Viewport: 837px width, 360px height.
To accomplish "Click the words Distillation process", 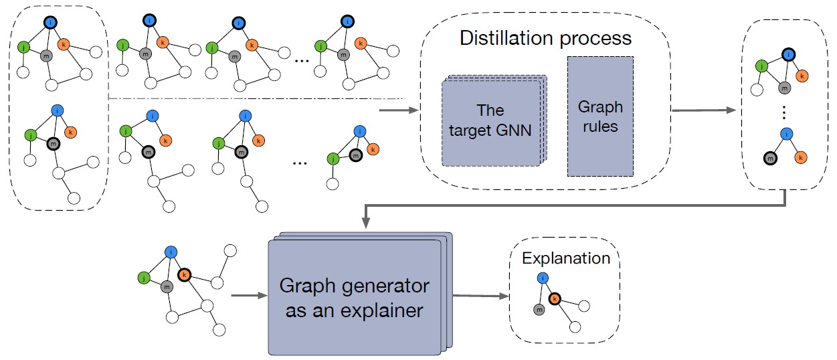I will pyautogui.click(x=545, y=38).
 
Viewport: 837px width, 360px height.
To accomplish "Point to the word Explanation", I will pyautogui.click(x=566, y=258).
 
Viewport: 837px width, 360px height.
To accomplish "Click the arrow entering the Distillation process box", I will pyautogui.click(x=397, y=111).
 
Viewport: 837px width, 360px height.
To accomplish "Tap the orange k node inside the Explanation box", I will pyautogui.click(x=555, y=299).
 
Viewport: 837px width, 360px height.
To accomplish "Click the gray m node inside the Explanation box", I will pyautogui.click(x=539, y=309).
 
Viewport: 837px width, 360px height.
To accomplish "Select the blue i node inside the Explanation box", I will pyautogui.click(x=543, y=278).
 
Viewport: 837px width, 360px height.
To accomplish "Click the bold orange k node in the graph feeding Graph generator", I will pyautogui.click(x=184, y=274).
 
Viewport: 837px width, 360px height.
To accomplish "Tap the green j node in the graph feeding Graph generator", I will pyautogui.click(x=143, y=276).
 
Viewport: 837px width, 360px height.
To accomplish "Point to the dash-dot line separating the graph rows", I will pyautogui.click(x=254, y=99).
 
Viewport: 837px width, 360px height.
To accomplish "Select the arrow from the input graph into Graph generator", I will pyautogui.click(x=248, y=295).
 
